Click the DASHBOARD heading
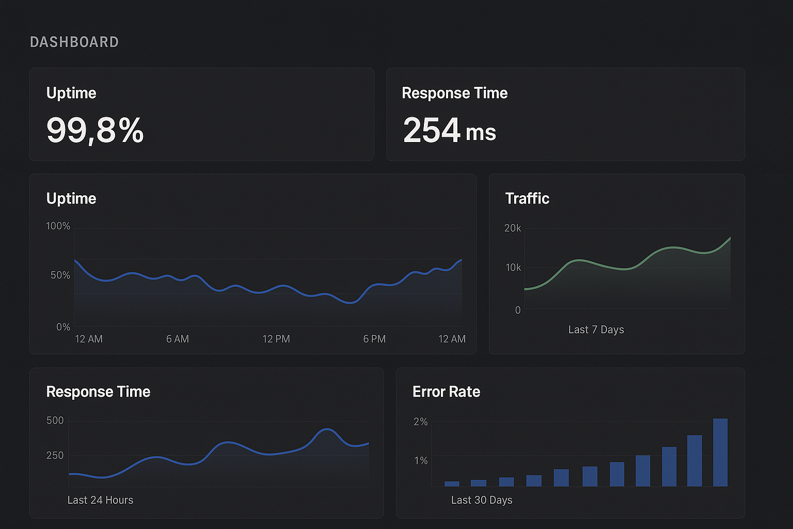[x=74, y=42]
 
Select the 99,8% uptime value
[x=95, y=130]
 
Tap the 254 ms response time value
[x=449, y=130]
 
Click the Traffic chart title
[x=527, y=198]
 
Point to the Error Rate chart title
[x=446, y=392]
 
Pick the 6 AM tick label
[x=178, y=339]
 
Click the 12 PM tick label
[x=276, y=339]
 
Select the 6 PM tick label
[x=374, y=339]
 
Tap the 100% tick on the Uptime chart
[x=58, y=226]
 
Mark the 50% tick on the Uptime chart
[x=60, y=275]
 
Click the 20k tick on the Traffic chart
[x=513, y=228]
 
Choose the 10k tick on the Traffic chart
[x=514, y=268]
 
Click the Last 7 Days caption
[x=596, y=330]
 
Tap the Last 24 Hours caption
[x=100, y=500]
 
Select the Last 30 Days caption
[x=482, y=500]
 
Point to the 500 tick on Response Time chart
[x=55, y=421]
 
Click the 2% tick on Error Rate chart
[x=421, y=422]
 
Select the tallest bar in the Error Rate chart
[x=720, y=453]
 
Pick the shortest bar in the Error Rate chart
[x=452, y=484]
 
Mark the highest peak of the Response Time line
[x=327, y=429]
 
